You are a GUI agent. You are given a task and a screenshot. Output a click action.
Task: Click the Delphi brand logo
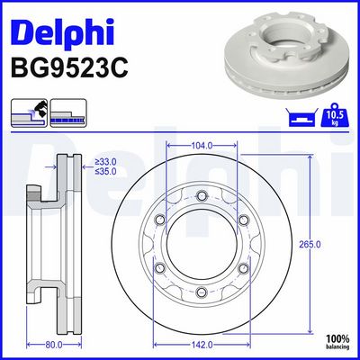tap(62, 31)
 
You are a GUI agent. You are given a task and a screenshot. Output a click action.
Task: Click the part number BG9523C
tap(69, 68)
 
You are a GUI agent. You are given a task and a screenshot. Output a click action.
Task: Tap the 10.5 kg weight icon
tap(335, 114)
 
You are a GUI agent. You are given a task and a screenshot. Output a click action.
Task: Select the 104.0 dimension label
tap(202, 146)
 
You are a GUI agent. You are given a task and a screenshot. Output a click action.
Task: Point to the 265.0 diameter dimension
tap(310, 245)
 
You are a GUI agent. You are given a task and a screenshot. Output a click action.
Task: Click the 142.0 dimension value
tap(202, 345)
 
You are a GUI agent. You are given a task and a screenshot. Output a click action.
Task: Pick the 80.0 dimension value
tap(54, 345)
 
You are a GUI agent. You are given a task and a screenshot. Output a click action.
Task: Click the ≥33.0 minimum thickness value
tap(105, 162)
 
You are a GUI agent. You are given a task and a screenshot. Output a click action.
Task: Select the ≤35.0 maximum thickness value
tap(105, 172)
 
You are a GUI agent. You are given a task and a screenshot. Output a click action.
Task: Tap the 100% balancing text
tap(337, 342)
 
